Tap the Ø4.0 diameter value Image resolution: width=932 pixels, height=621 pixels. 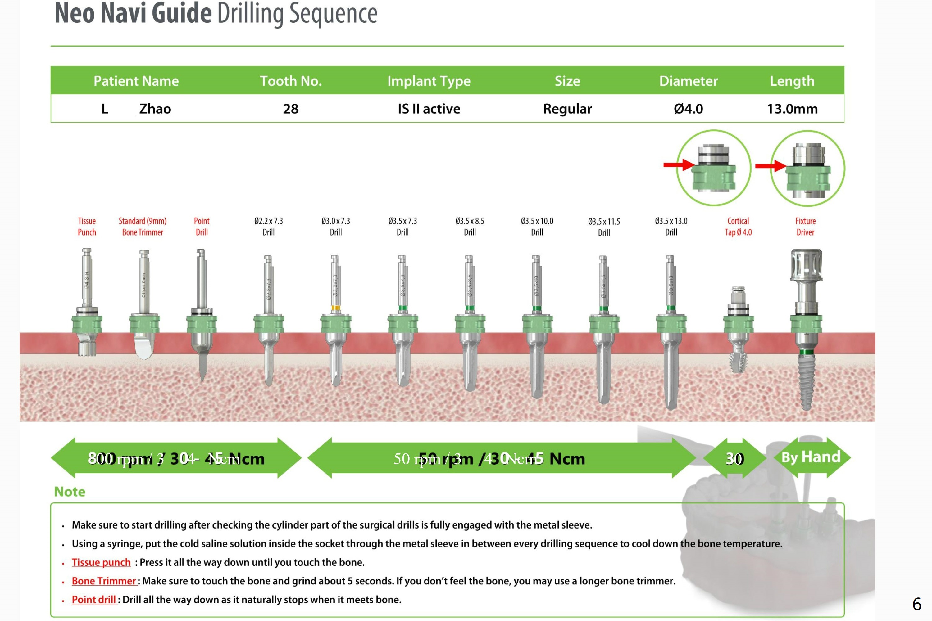click(688, 109)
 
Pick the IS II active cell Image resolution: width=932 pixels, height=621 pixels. click(429, 109)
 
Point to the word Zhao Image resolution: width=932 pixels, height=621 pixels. click(155, 109)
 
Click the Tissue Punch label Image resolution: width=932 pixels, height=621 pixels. click(87, 227)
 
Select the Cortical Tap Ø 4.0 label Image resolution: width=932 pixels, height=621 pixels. click(738, 227)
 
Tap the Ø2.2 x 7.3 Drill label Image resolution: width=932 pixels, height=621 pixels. click(268, 227)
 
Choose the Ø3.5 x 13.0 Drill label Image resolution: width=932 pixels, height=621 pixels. click(671, 227)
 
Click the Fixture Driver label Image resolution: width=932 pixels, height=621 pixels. click(805, 227)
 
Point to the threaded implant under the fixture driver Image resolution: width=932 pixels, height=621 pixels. click(806, 380)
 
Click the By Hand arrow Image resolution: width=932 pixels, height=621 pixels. click(811, 457)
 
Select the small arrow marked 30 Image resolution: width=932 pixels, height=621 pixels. click(734, 458)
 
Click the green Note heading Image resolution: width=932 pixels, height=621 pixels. click(70, 492)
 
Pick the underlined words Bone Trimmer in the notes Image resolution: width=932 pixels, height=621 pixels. click(104, 581)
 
